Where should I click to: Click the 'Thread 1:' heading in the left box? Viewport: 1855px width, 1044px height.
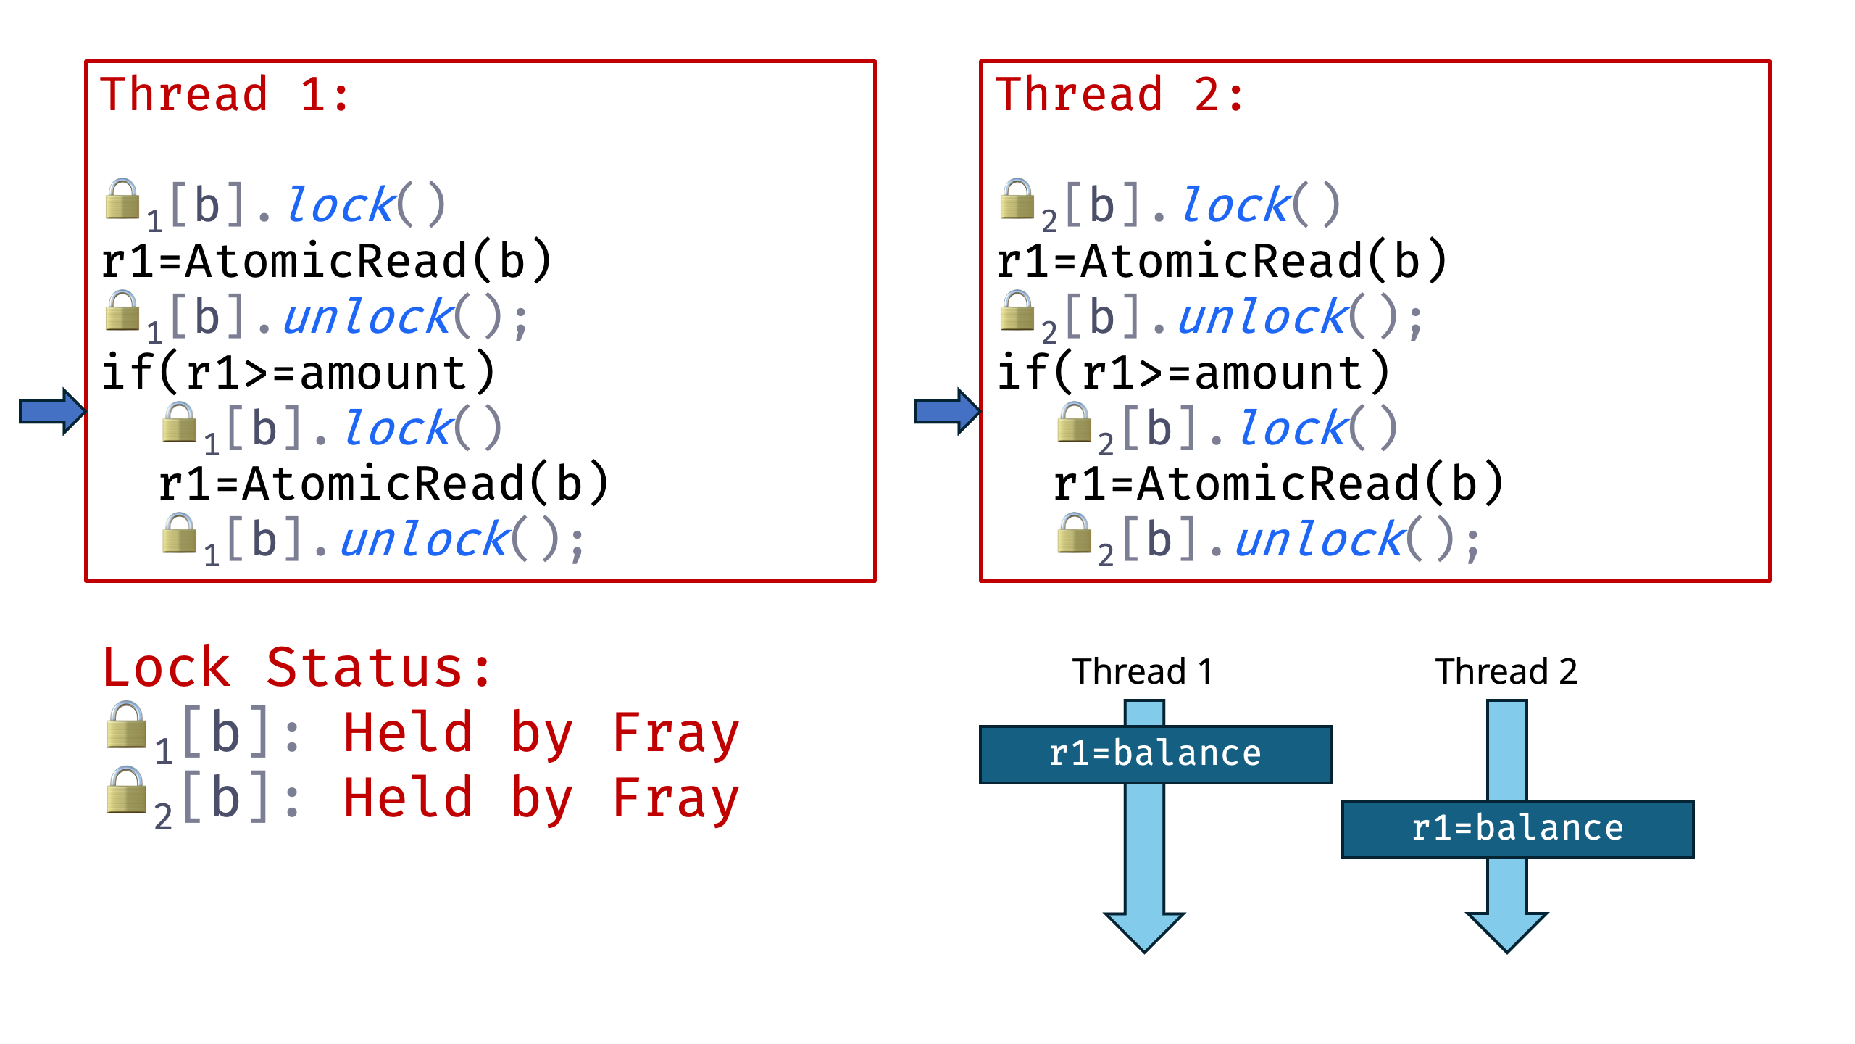[x=225, y=95]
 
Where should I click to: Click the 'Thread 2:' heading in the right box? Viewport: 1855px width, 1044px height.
[x=1120, y=95]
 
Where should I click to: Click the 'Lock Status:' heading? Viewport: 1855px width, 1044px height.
[x=297, y=668]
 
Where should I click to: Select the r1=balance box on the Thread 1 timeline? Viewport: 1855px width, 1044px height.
[x=1155, y=754]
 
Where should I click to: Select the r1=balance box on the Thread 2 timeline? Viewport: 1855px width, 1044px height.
[x=1517, y=829]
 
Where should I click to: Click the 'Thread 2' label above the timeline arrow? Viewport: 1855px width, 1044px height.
[x=1506, y=671]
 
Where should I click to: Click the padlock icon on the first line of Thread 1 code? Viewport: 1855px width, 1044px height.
[x=122, y=199]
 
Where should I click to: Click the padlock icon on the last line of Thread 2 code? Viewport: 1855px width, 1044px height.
[x=1075, y=534]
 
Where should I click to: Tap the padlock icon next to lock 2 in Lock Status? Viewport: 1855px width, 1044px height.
[x=127, y=791]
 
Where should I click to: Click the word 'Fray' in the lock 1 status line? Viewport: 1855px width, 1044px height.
[x=675, y=733]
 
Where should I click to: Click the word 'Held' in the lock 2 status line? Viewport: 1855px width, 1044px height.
[x=408, y=798]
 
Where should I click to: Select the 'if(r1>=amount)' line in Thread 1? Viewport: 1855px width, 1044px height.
[x=299, y=373]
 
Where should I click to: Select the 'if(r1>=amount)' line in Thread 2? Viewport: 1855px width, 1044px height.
[x=1193, y=373]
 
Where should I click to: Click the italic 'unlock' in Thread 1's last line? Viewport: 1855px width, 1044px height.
[x=425, y=540]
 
